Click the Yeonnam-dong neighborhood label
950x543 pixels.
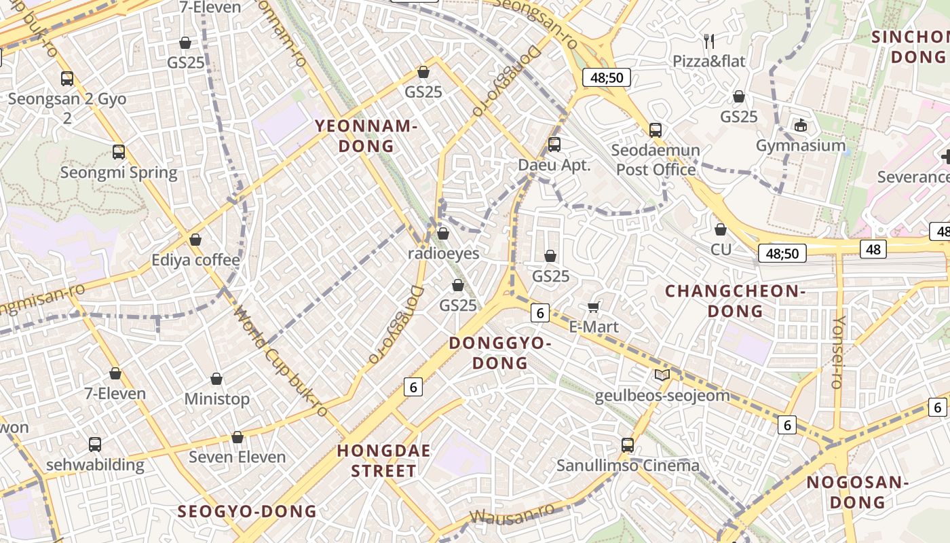point(365,136)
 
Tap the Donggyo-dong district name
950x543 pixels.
point(499,353)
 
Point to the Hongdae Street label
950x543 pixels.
point(384,460)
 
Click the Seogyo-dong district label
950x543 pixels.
point(247,511)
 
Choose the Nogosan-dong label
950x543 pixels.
point(857,492)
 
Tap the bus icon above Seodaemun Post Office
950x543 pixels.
point(655,130)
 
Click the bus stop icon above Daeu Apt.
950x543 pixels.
point(554,144)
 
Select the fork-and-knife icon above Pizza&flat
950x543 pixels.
point(709,41)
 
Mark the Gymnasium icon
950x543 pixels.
point(801,125)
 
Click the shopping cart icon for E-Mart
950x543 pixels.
point(593,307)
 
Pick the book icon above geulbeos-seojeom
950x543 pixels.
point(662,375)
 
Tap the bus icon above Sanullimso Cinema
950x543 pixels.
point(628,445)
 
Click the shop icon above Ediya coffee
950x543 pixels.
point(195,240)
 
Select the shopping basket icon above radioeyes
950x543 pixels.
point(443,233)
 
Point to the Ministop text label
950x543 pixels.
point(217,399)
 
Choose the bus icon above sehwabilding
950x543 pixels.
point(95,445)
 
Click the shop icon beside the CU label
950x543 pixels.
point(721,229)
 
